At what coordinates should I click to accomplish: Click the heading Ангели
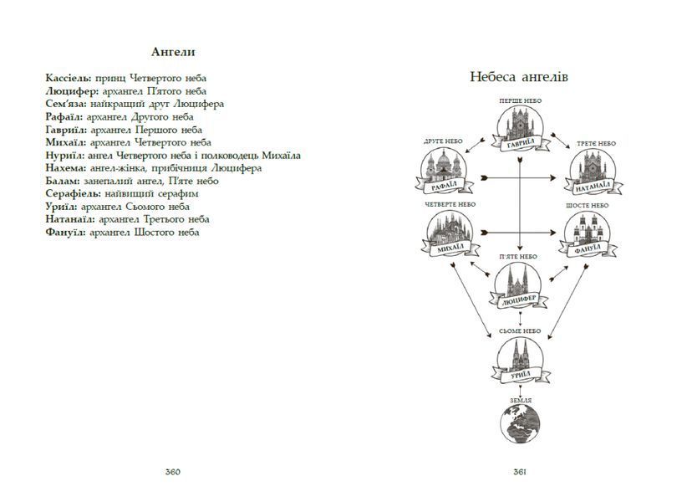pyautogui.click(x=173, y=52)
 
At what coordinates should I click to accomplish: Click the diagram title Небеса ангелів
pyautogui.click(x=519, y=77)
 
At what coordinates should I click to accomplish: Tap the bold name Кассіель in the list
pyautogui.click(x=69, y=78)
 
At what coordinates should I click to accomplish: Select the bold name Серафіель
pyautogui.click(x=74, y=193)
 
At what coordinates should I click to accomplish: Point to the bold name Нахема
pyautogui.click(x=66, y=168)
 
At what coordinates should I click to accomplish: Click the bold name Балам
pyautogui.click(x=63, y=181)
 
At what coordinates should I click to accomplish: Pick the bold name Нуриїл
pyautogui.click(x=65, y=155)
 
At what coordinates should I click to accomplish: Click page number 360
pyautogui.click(x=173, y=472)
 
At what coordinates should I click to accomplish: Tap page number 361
pyautogui.click(x=520, y=472)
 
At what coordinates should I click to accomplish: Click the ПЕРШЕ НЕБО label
pyautogui.click(x=521, y=100)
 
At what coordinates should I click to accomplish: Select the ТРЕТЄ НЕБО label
pyautogui.click(x=596, y=144)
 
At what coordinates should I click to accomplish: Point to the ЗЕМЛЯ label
pyautogui.click(x=521, y=401)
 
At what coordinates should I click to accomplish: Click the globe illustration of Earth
pyautogui.click(x=521, y=424)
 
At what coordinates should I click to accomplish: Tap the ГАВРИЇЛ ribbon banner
pyautogui.click(x=521, y=143)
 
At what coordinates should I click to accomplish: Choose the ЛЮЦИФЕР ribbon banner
pyautogui.click(x=519, y=300)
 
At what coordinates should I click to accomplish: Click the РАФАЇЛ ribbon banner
pyautogui.click(x=444, y=186)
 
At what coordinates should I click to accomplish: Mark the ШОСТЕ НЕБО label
pyautogui.click(x=587, y=206)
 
